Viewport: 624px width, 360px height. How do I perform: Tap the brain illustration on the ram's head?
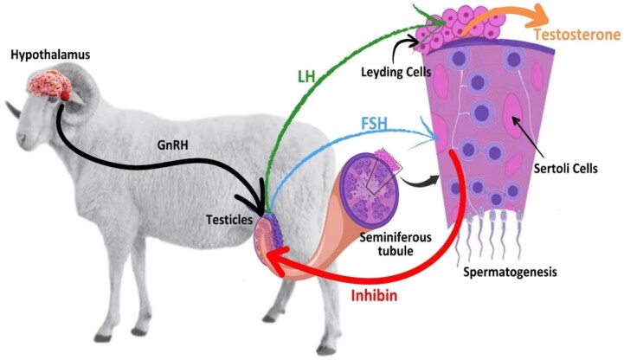click(49, 85)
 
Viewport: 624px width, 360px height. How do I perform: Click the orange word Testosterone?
click(577, 35)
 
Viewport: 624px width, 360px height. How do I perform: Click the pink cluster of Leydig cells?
click(467, 26)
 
